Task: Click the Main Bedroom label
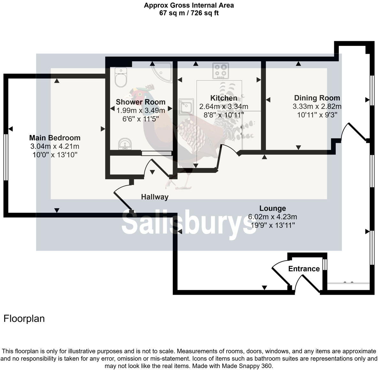55,138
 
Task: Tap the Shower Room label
140,102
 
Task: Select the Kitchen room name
223,98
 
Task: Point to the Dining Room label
317,98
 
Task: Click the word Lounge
272,208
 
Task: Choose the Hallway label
155,197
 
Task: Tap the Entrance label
304,269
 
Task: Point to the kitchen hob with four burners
221,70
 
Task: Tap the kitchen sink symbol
186,106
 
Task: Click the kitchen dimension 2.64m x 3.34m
223,106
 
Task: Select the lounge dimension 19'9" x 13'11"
272,225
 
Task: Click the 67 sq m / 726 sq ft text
189,13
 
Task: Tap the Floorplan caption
24,318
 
